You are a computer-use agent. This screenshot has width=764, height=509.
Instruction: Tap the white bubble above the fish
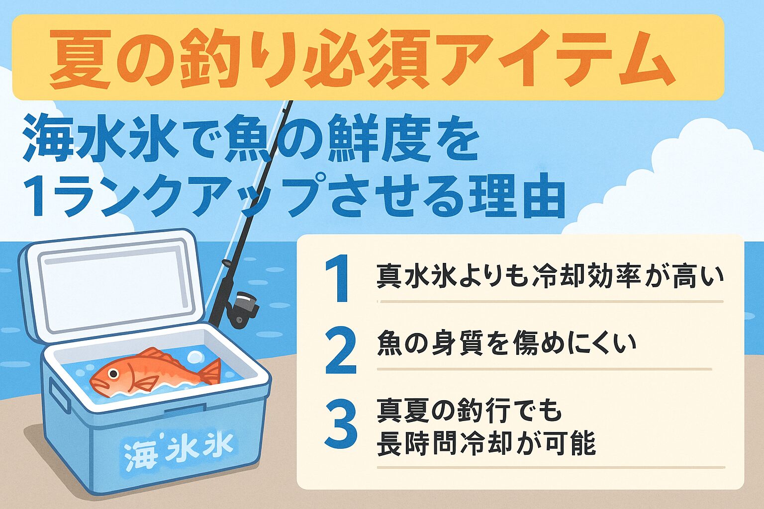(x=195, y=357)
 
